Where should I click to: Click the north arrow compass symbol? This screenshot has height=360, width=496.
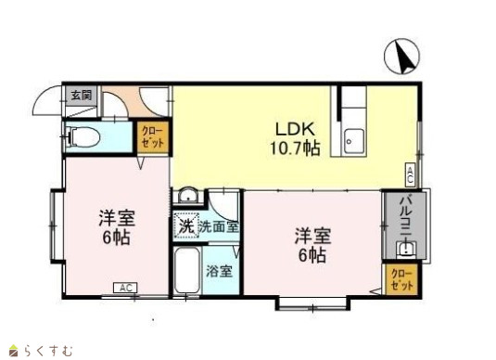click(x=401, y=57)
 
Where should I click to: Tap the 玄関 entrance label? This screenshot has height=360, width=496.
click(x=82, y=95)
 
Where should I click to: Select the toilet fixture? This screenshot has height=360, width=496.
click(x=83, y=137)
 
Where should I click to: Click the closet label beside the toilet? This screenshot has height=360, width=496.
click(x=153, y=137)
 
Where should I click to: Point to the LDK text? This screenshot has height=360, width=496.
click(x=295, y=129)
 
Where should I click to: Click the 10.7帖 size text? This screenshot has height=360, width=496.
click(x=295, y=148)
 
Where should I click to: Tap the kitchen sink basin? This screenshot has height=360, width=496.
click(x=354, y=141)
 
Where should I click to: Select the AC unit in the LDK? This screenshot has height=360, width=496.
click(x=410, y=174)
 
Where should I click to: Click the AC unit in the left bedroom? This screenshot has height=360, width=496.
click(x=125, y=288)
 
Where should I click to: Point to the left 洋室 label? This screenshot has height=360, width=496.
click(x=117, y=218)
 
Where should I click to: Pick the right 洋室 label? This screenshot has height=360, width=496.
click(x=312, y=237)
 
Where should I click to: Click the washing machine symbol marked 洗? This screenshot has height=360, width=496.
click(x=186, y=226)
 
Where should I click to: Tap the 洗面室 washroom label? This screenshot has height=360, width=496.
click(x=219, y=227)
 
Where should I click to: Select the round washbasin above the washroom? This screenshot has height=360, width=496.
click(x=188, y=195)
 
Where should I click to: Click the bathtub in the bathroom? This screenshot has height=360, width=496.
click(x=187, y=270)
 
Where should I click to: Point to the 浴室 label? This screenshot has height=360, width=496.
click(x=220, y=271)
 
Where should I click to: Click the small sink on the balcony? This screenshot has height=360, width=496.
click(x=406, y=249)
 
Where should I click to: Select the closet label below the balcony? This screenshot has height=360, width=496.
click(x=402, y=279)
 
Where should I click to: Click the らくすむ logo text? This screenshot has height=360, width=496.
click(x=48, y=351)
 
